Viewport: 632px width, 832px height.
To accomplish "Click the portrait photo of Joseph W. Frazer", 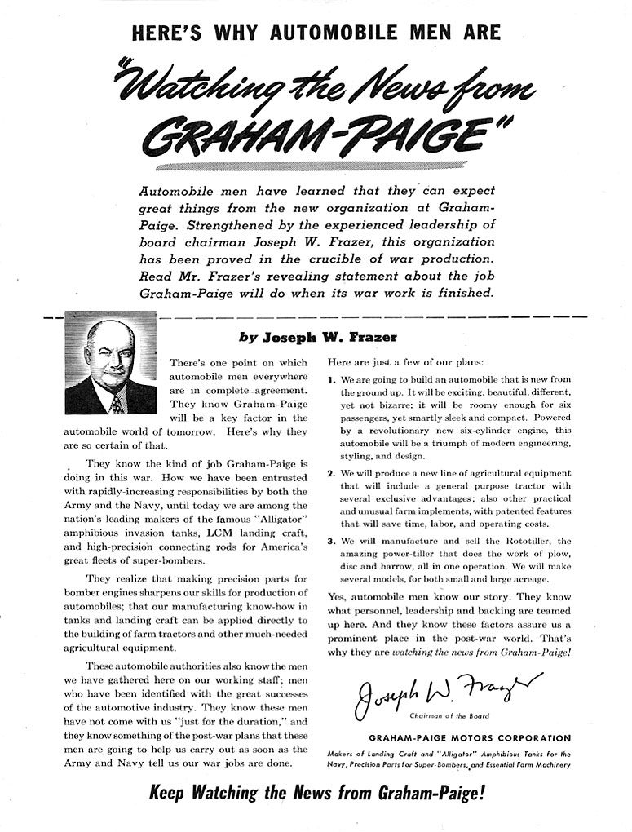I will point(110,362).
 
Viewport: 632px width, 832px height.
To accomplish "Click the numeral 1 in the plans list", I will point(331,380).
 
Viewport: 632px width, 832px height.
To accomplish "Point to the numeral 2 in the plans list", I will point(331,473).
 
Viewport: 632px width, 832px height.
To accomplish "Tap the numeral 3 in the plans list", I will point(331,541).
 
